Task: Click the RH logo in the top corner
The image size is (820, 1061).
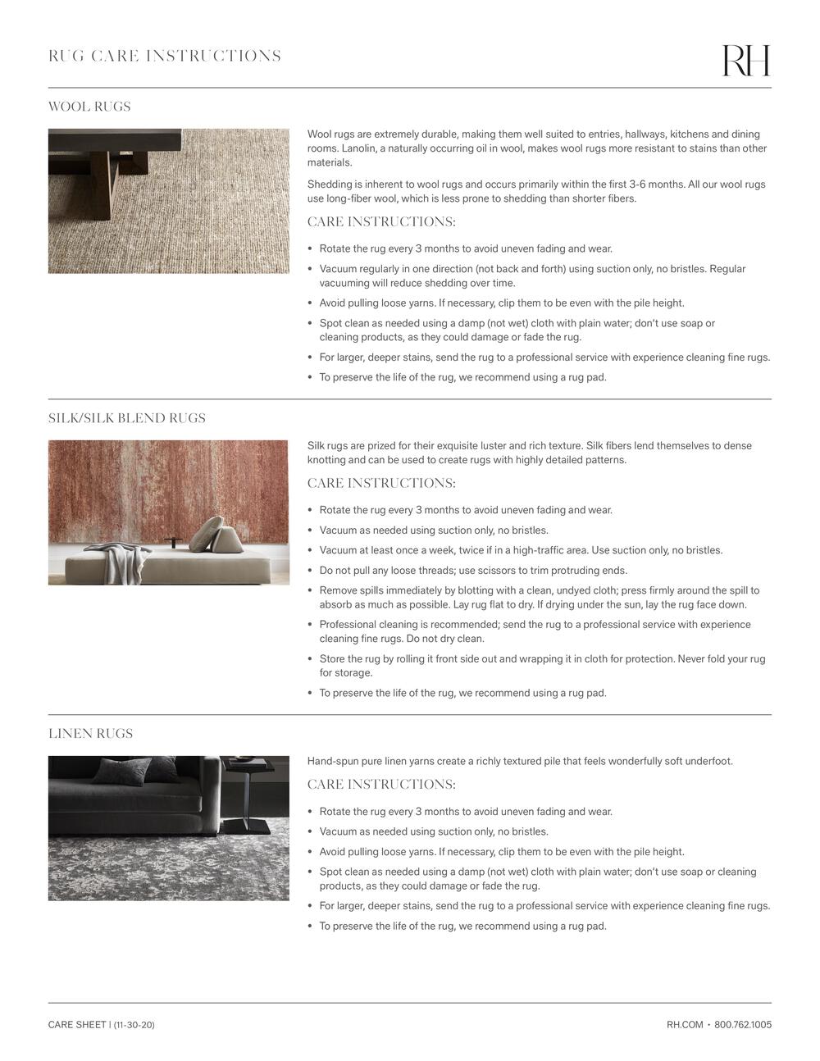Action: (745, 61)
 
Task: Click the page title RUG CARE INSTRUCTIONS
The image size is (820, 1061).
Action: (165, 56)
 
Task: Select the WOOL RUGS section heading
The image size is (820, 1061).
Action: (89, 107)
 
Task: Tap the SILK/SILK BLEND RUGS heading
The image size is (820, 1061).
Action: (127, 418)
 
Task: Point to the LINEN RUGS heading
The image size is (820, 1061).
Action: (90, 734)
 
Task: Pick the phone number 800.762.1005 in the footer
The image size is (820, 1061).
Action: (743, 1024)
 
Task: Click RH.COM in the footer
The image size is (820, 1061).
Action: (685, 1024)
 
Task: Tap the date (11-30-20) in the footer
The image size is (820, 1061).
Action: (134, 1025)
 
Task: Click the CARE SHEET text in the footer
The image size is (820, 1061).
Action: (77, 1025)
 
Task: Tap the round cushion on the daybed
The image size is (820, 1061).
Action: (207, 532)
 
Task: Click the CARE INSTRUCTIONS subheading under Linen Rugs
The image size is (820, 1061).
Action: (381, 785)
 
